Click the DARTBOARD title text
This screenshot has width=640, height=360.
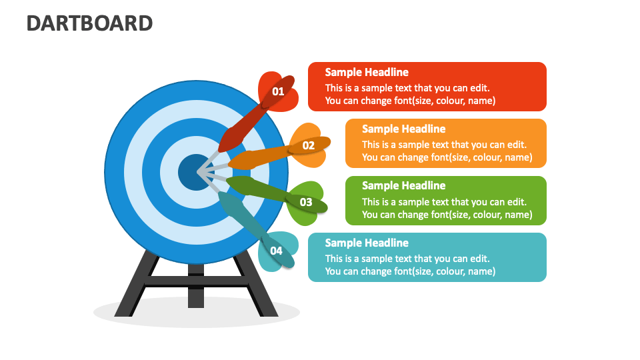point(90,23)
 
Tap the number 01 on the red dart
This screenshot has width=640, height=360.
point(278,91)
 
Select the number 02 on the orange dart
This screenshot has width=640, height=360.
point(309,145)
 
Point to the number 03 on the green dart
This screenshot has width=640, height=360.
point(306,202)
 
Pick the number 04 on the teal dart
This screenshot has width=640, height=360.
point(276,251)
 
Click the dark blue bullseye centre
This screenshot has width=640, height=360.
point(195,172)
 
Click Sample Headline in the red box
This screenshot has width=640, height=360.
point(367,72)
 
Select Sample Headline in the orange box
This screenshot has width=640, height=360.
point(404,129)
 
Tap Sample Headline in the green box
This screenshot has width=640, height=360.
point(404,186)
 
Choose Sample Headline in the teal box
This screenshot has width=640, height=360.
point(367,243)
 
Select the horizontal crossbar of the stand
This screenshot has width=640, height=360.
point(196,281)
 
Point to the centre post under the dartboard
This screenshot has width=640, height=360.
point(196,286)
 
